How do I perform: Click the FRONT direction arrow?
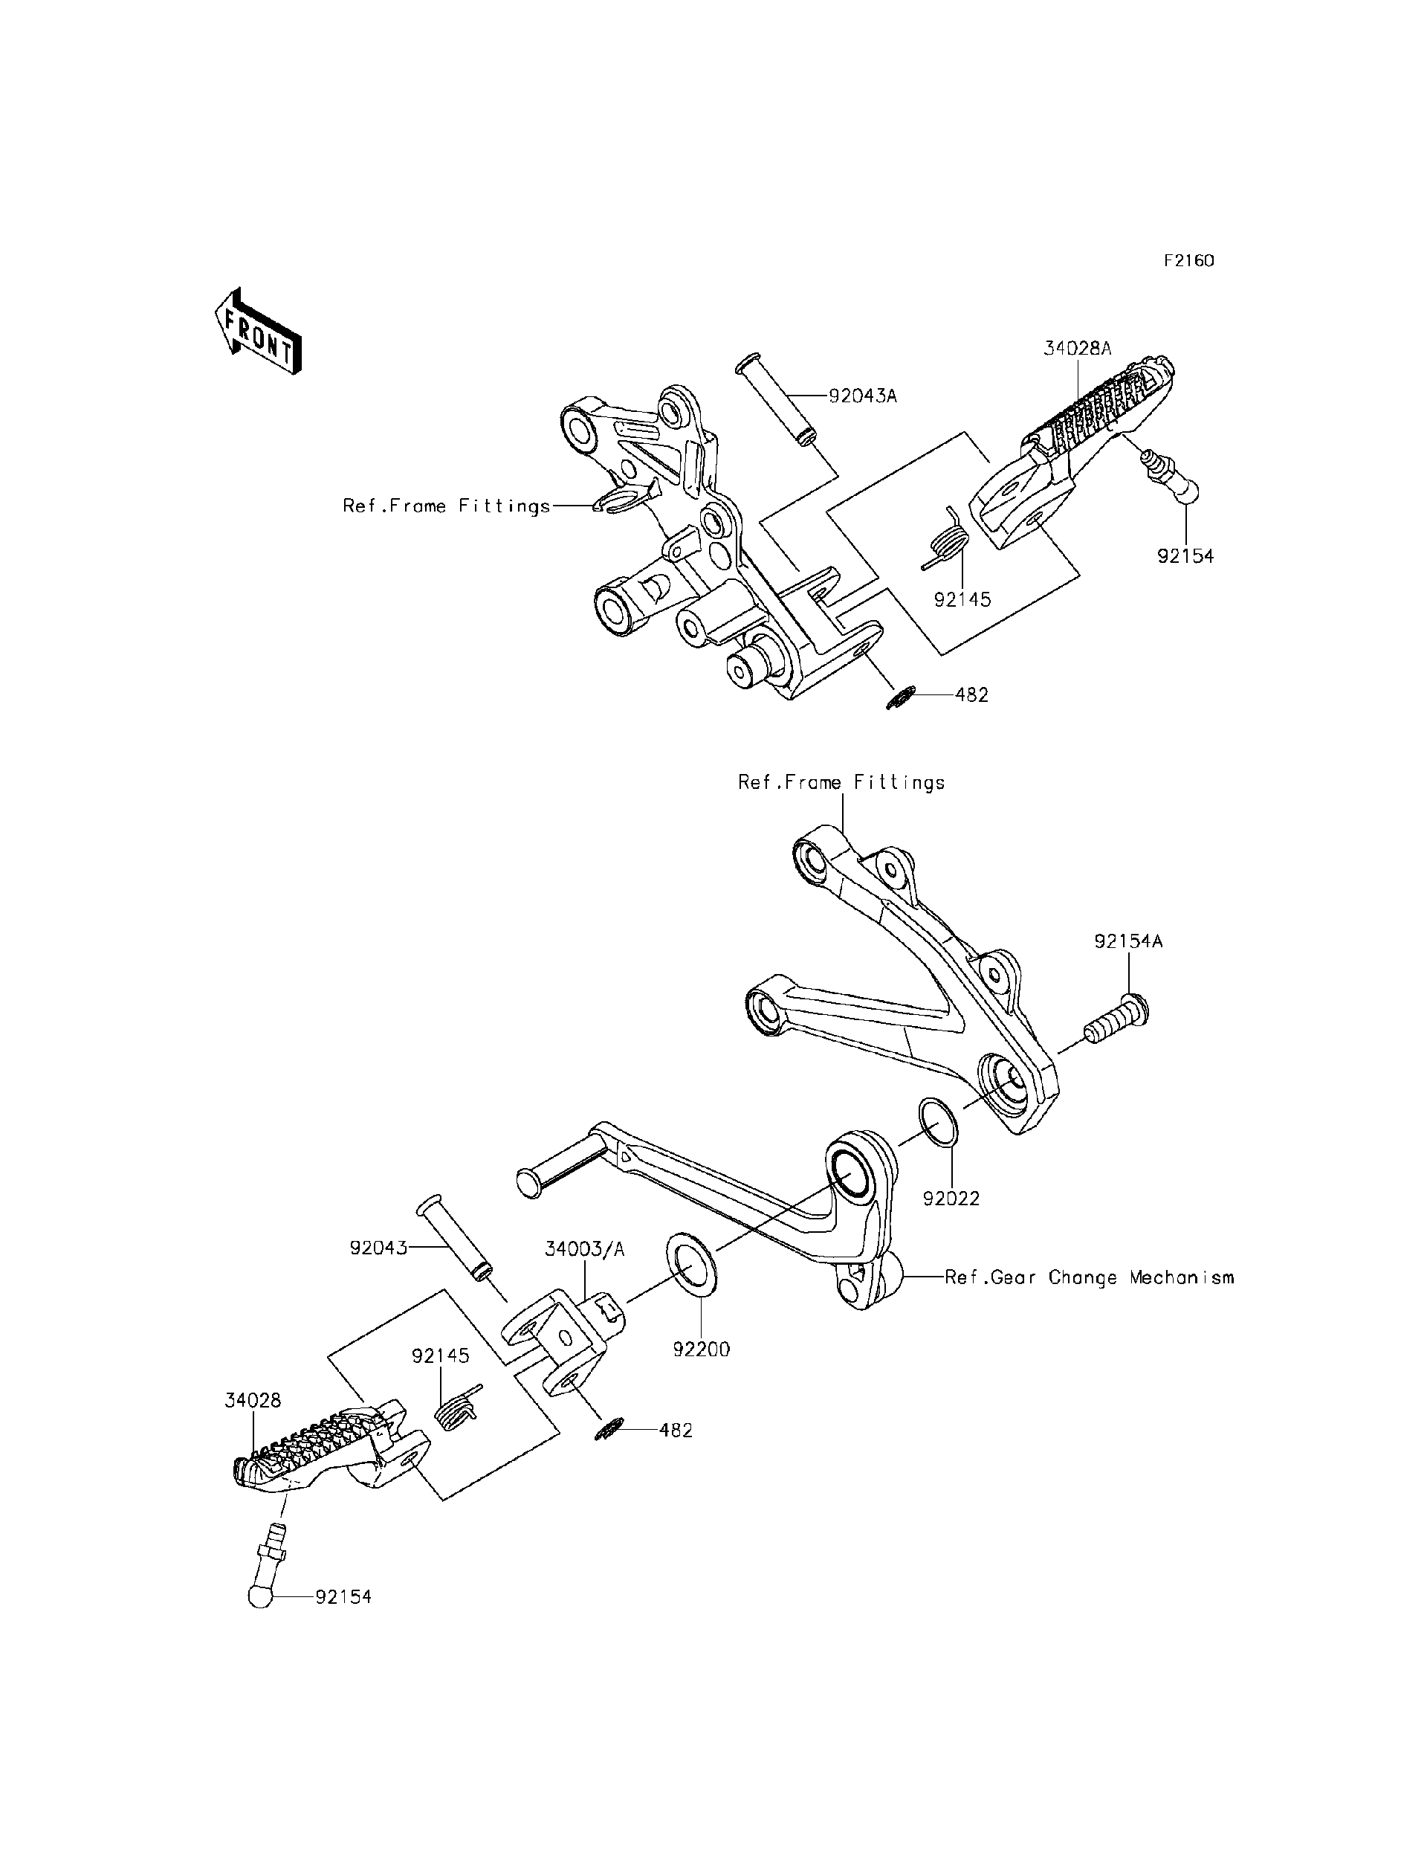[257, 332]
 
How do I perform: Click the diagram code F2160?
[1188, 261]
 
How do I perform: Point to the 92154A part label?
[1128, 941]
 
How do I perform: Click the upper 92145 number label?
[962, 599]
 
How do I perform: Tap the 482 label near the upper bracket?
[971, 694]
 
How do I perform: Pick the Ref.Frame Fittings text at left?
[447, 506]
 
